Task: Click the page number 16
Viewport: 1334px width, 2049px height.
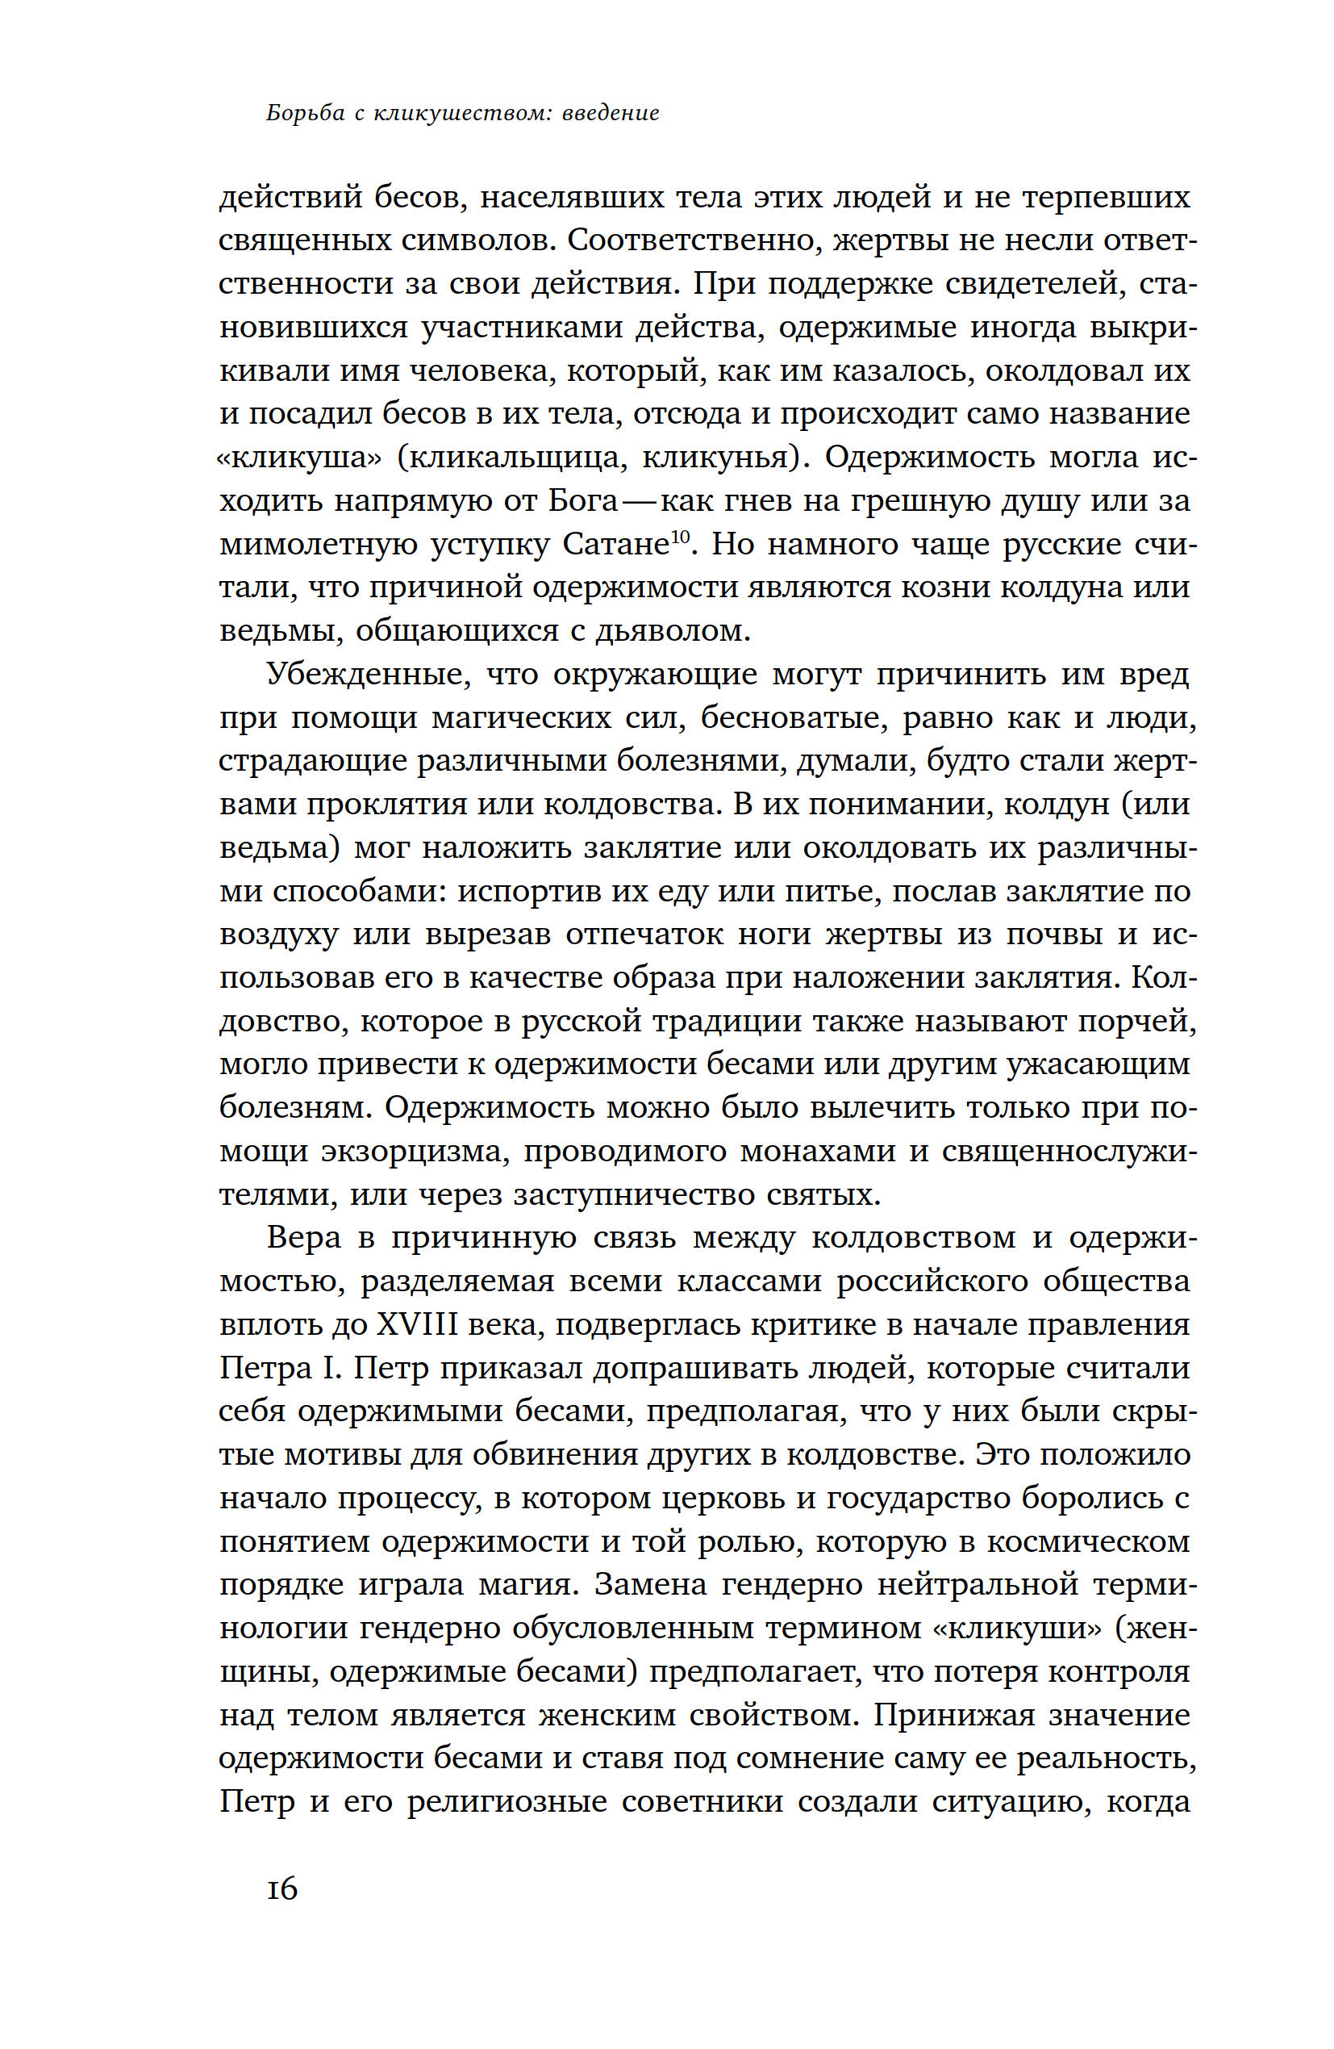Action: pos(281,1890)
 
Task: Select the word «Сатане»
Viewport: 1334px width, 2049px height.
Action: pos(615,544)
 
